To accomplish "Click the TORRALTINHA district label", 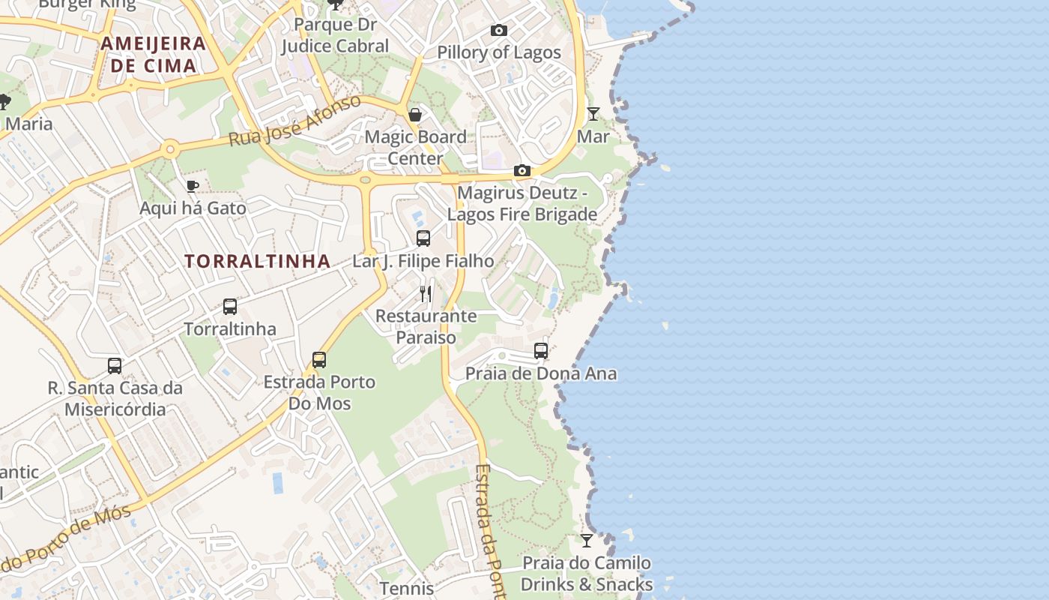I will click(x=257, y=261).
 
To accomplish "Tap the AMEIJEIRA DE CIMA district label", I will click(x=153, y=54).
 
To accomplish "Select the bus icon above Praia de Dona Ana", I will click(x=540, y=350).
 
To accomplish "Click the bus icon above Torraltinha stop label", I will click(x=229, y=306).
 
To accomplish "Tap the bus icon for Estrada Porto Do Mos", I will click(x=319, y=359).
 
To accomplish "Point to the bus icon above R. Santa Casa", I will click(x=114, y=365).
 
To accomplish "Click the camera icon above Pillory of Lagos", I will click(x=498, y=31).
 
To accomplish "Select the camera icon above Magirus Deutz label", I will click(x=522, y=171).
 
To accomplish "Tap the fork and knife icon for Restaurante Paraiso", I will click(x=426, y=293).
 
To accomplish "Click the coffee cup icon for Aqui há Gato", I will click(x=192, y=186).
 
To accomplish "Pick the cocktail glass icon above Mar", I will click(x=593, y=114).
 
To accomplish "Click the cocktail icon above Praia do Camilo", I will click(x=586, y=541).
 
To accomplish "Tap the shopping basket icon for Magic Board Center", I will click(x=414, y=115).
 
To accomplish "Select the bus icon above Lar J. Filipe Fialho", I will click(x=423, y=238).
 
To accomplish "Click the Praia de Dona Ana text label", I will click(x=541, y=373).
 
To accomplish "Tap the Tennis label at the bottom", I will click(x=406, y=589).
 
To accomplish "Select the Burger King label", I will click(x=87, y=4).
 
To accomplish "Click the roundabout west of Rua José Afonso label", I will click(x=170, y=149).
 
